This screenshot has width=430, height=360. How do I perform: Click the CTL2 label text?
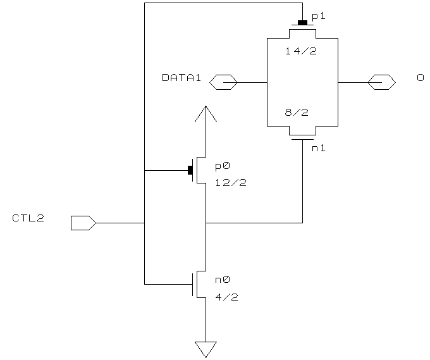[28, 218]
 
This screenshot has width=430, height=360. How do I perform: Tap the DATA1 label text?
[181, 78]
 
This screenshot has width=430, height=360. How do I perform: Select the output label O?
[420, 78]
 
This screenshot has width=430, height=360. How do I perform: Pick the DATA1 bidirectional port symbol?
[223, 82]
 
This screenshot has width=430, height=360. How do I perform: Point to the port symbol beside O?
[382, 82]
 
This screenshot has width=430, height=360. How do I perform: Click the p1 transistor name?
[319, 16]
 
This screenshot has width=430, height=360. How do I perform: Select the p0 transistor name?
[222, 166]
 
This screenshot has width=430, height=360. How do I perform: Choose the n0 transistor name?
[222, 280]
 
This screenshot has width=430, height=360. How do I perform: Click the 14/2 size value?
[300, 51]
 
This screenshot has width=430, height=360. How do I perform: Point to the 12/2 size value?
[226, 183]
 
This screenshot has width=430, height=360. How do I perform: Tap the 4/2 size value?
[226, 296]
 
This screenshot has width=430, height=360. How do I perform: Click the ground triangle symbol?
[206, 349]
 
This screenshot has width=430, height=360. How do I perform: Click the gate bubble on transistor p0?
[190, 170]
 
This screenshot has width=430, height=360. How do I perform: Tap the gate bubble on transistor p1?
[302, 23]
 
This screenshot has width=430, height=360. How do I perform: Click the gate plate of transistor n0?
[192, 284]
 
